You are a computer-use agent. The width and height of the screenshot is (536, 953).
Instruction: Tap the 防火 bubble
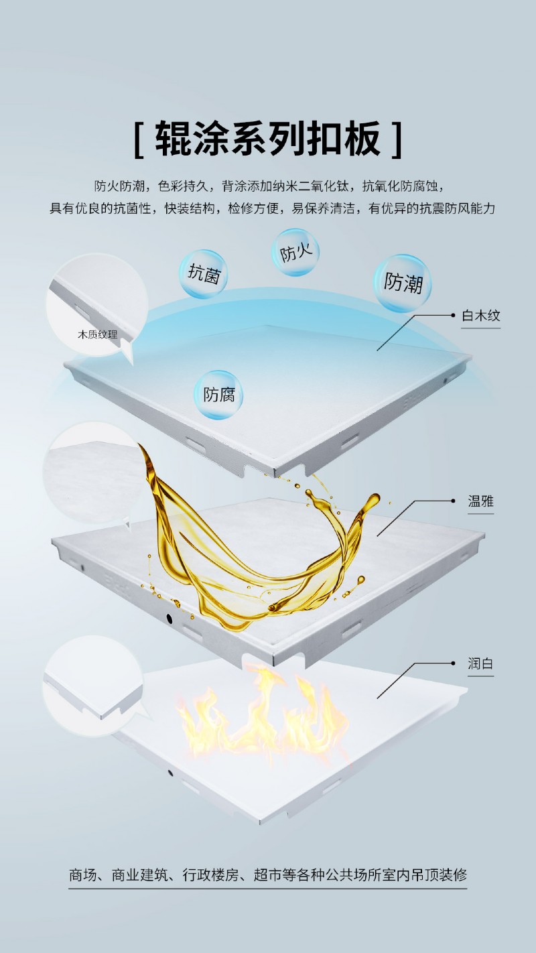(x=295, y=253)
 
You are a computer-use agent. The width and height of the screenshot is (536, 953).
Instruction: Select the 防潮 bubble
(x=403, y=283)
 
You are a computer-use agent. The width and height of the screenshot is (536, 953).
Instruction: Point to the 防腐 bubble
(x=219, y=395)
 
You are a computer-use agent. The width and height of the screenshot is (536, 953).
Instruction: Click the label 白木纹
(x=480, y=315)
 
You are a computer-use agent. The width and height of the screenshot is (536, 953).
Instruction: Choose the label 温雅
(x=480, y=501)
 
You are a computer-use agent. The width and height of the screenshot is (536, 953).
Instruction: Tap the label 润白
(x=480, y=663)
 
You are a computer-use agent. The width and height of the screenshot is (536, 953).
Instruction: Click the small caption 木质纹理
(x=98, y=333)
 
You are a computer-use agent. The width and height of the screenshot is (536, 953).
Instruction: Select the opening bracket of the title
(x=139, y=139)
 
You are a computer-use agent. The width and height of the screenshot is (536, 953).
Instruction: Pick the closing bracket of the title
(x=397, y=139)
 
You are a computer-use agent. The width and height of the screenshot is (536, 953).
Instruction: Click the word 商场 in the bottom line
(x=83, y=875)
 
